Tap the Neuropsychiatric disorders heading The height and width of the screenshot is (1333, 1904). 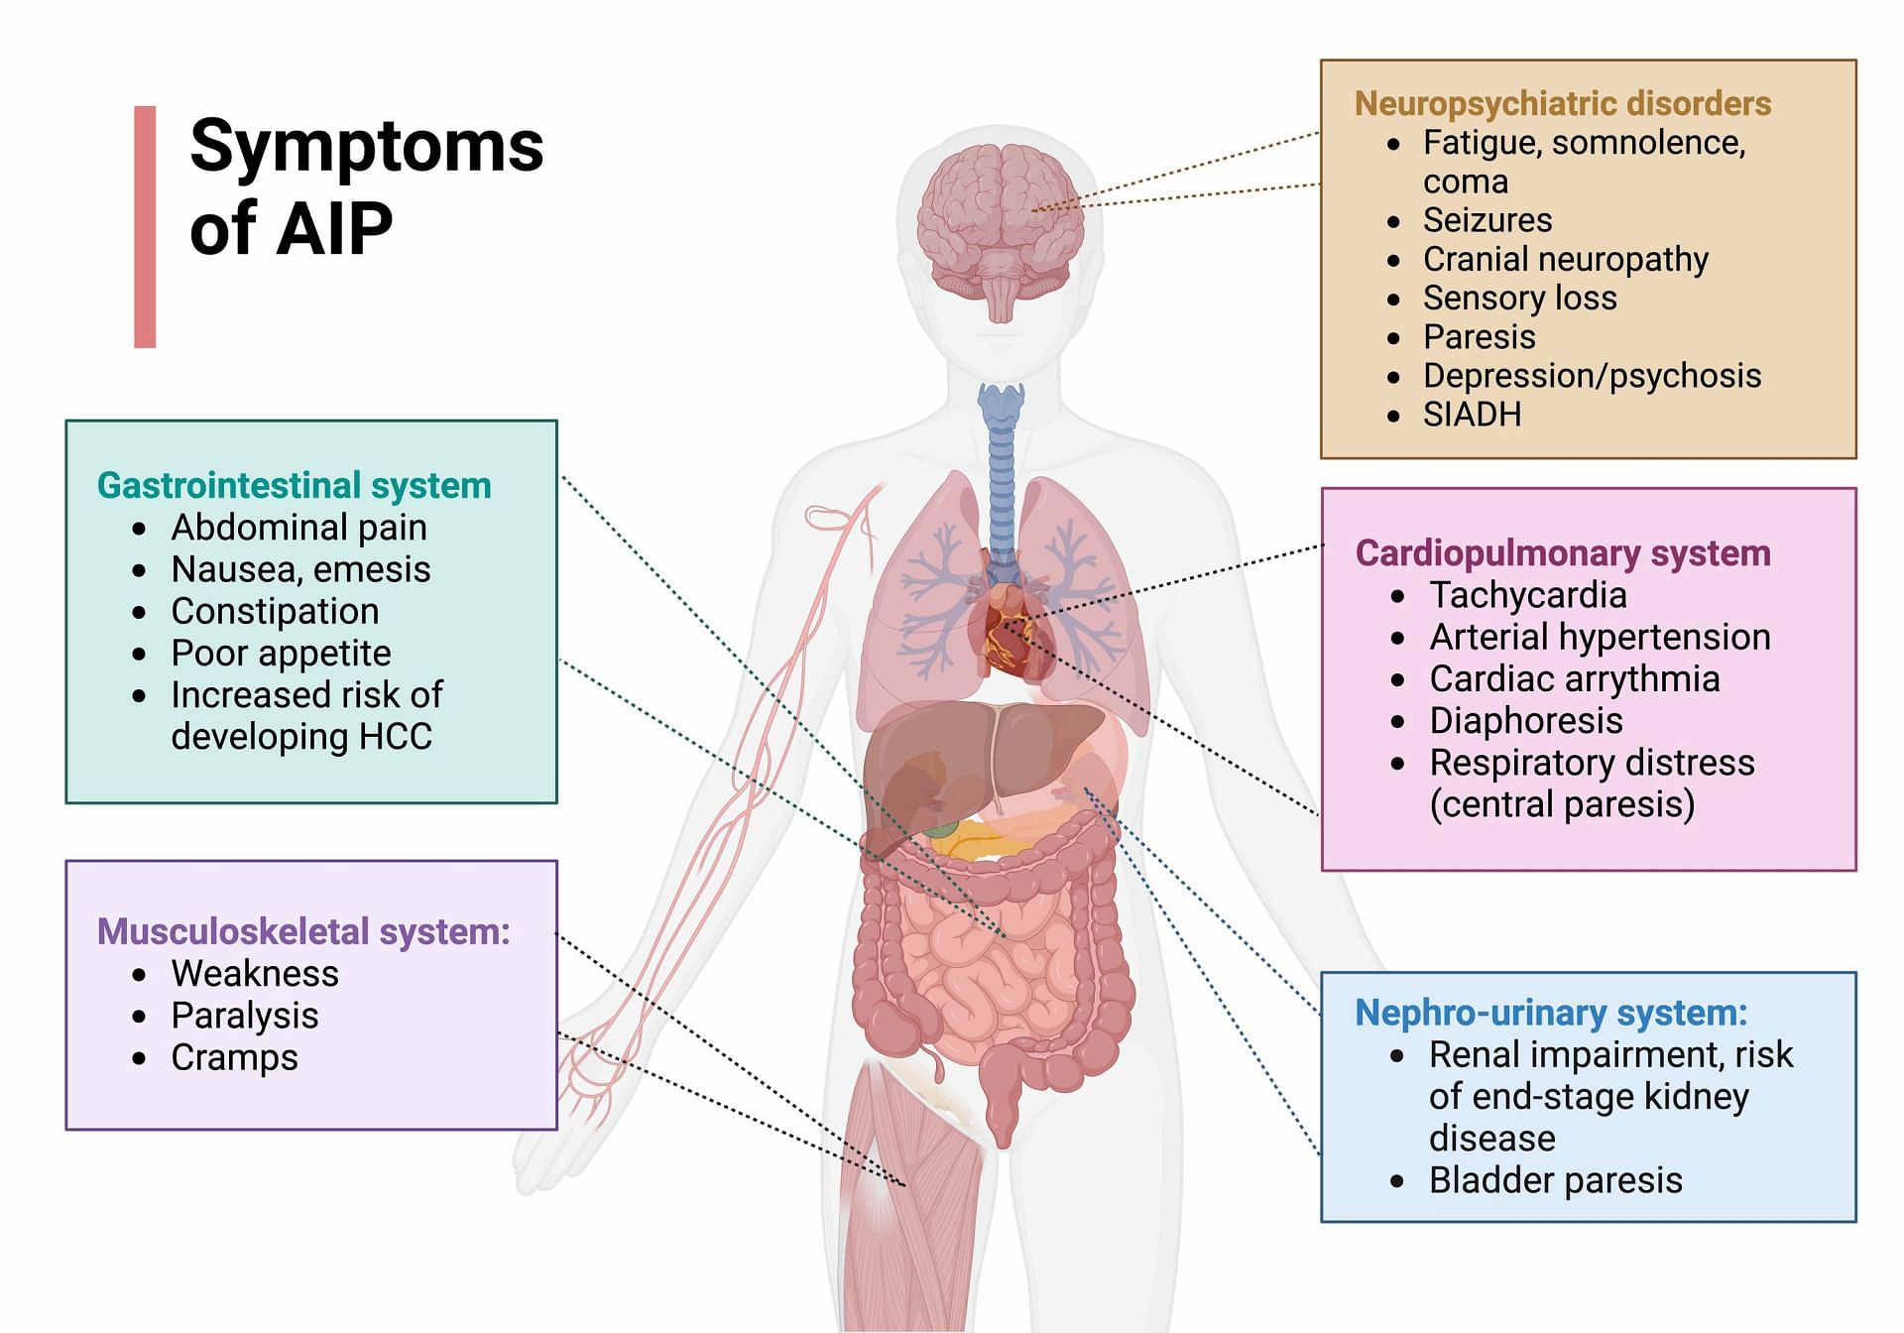[1562, 103]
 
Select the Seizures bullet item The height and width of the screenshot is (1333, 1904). [1487, 220]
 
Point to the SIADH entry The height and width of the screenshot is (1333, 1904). [1472, 415]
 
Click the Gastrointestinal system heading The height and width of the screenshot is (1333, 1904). [294, 485]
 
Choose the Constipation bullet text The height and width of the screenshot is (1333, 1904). [275, 611]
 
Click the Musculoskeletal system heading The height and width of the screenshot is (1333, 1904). [302, 931]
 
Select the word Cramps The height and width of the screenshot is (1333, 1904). [234, 1057]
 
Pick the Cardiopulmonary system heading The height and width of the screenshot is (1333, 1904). [1562, 553]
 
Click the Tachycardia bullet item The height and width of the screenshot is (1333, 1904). [1527, 595]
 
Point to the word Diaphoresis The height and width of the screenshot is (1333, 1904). [1525, 721]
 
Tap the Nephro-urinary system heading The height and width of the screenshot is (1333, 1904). [1550, 1013]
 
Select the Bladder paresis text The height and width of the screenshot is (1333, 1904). [1555, 1180]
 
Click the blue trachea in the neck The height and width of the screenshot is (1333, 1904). [1001, 466]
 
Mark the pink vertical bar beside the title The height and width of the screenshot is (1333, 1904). [145, 226]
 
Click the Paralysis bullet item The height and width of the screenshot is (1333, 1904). [244, 1016]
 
